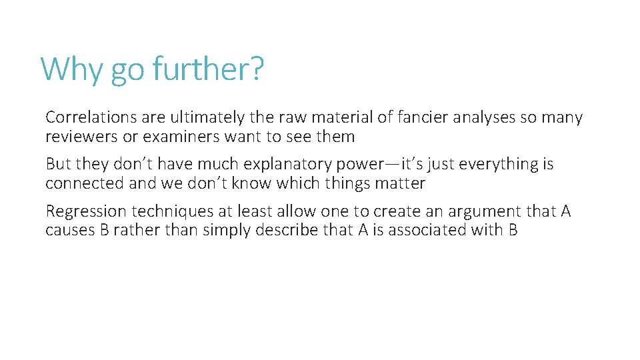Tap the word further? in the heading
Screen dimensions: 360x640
point(208,69)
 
